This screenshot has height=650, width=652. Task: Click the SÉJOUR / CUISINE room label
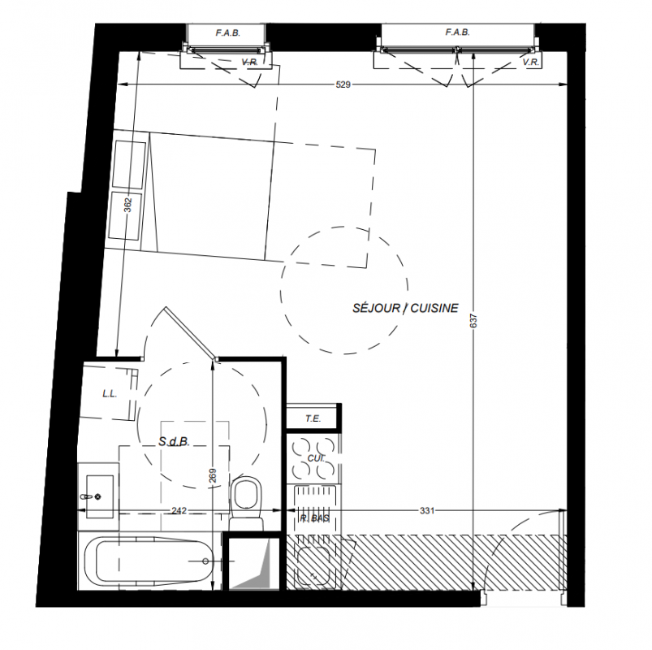(x=405, y=308)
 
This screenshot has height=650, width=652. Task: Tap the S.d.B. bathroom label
(x=174, y=441)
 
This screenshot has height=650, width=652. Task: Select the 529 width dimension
(x=343, y=84)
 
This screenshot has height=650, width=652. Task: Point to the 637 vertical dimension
(x=474, y=320)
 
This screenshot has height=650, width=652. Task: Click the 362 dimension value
(x=128, y=205)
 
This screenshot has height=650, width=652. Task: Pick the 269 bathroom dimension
(x=213, y=476)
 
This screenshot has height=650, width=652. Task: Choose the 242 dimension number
(x=179, y=510)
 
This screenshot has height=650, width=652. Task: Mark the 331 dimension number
(x=427, y=510)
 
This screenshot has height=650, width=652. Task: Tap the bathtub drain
(x=205, y=561)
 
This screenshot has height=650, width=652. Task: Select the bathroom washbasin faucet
(x=85, y=496)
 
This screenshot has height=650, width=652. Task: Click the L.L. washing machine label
(x=110, y=394)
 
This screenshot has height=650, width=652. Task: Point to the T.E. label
(x=313, y=418)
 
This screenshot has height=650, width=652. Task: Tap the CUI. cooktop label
(x=316, y=458)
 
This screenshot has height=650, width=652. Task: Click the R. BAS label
(x=314, y=518)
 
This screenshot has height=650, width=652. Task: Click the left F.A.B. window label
(x=228, y=33)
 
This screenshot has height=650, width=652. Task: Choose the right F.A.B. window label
(x=457, y=32)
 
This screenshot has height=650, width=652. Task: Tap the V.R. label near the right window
(x=531, y=63)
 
